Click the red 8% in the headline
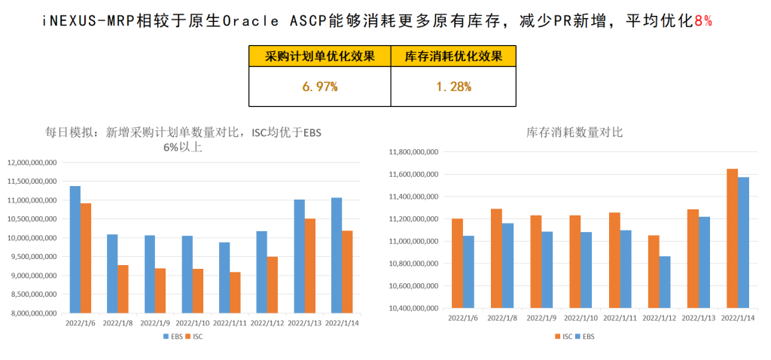coord(702,21)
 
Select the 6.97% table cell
coord(319,87)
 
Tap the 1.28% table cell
coord(453,87)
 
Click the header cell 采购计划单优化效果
coord(319,56)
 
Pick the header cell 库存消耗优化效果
coord(453,56)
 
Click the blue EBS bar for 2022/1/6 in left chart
coord(75,249)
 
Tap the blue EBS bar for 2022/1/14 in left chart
coord(337,255)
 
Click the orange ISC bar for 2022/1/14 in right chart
coord(732,239)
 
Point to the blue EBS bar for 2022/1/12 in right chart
coord(665,282)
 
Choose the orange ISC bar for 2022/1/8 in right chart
coord(497,258)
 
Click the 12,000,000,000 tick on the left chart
coord(32,162)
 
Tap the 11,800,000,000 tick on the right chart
coord(413,152)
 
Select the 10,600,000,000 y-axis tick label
coord(413,285)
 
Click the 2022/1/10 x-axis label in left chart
coord(192,324)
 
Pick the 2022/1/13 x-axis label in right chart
coord(699,318)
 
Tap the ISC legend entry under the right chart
coord(563,337)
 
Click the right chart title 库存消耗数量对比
coord(574,133)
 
